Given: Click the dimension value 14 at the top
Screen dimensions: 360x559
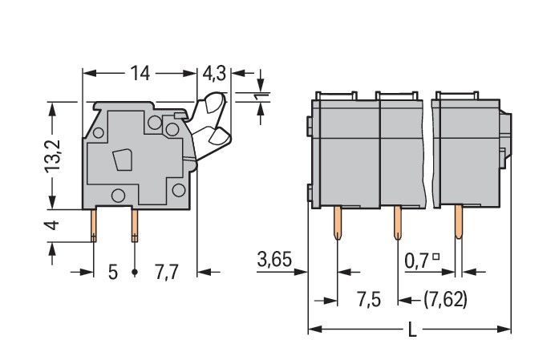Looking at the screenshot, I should pyautogui.click(x=140, y=73).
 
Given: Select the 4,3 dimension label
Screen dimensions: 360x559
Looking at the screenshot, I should pyautogui.click(x=213, y=74).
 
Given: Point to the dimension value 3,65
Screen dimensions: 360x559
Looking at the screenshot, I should pyautogui.click(x=273, y=259).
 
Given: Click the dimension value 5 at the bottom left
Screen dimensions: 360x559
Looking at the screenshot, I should pyautogui.click(x=112, y=272).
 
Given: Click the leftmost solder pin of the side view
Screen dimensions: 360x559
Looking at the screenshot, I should pyautogui.click(x=94, y=224).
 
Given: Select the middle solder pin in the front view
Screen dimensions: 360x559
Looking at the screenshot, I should pyautogui.click(x=396, y=224).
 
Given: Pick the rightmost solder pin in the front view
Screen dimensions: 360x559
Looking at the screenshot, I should pyautogui.click(x=458, y=224).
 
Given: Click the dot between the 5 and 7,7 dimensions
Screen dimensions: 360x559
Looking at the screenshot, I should pyautogui.click(x=134, y=273).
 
